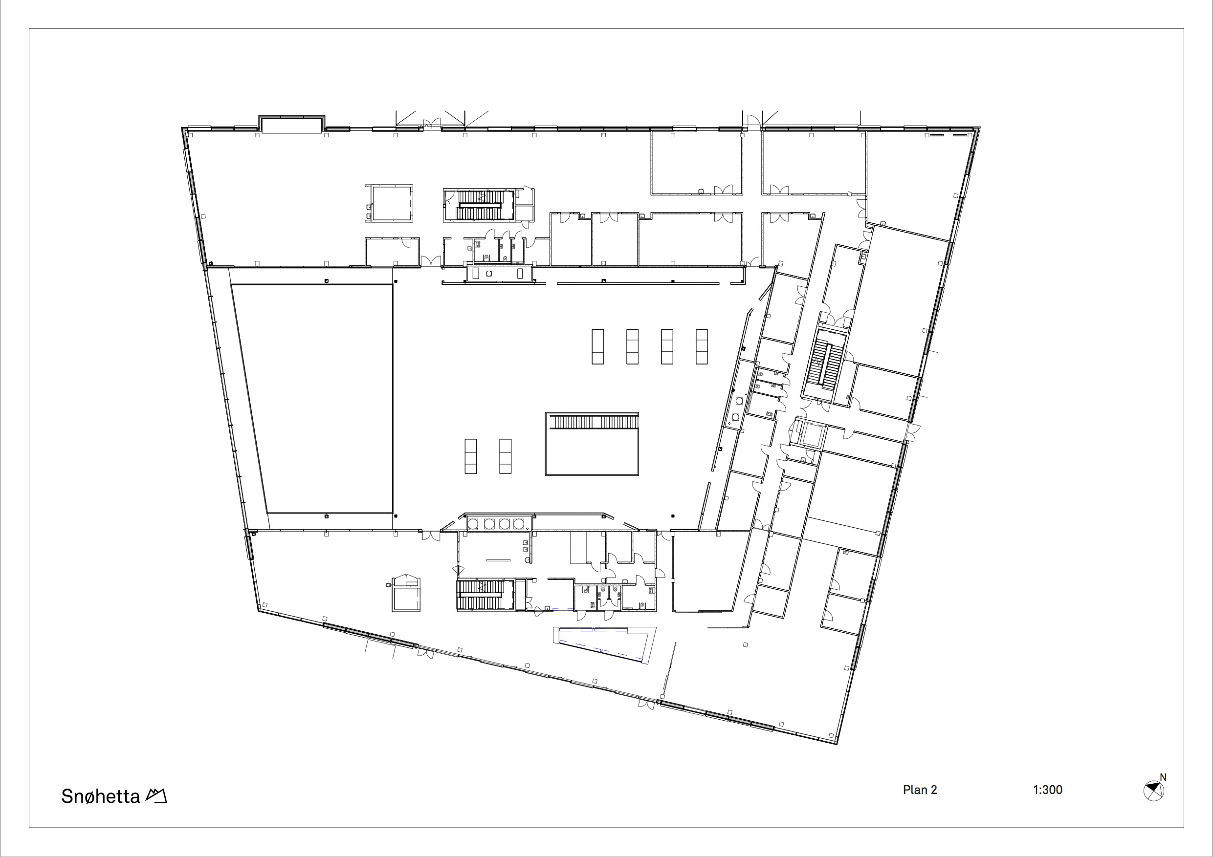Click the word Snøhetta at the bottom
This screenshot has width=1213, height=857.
(100, 796)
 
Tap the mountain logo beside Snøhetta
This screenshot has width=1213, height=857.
(156, 795)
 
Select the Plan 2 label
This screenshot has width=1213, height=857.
(920, 790)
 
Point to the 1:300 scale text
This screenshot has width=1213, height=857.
(1048, 790)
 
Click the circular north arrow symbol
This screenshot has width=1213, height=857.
(1153, 791)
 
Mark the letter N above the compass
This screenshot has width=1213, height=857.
(1163, 777)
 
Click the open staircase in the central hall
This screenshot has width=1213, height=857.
(592, 444)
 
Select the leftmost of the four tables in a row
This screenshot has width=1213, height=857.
(597, 346)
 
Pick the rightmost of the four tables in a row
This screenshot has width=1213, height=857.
(702, 346)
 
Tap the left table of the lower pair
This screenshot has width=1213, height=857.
(470, 456)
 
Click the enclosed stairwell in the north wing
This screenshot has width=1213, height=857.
(479, 205)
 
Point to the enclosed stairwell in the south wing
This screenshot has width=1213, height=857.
(485, 595)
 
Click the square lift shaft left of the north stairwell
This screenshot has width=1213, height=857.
(389, 203)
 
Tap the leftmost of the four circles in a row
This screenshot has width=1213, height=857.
(473, 524)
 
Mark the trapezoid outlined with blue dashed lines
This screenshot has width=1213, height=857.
(605, 643)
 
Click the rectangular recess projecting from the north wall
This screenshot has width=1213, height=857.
(291, 124)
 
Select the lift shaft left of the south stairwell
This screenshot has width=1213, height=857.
(406, 594)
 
